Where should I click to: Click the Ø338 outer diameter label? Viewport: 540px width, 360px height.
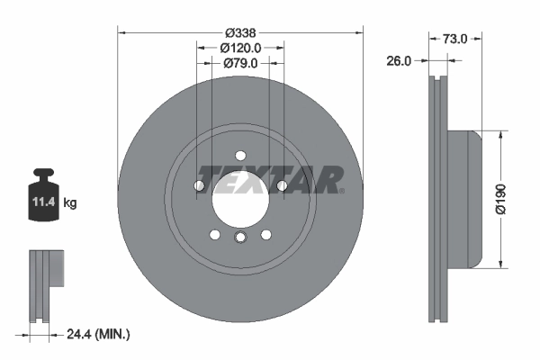[x=240, y=33]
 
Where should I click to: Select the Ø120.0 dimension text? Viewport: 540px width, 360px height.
[x=240, y=48]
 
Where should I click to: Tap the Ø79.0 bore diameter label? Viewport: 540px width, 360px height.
[x=240, y=63]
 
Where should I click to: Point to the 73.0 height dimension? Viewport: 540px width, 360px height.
[x=454, y=39]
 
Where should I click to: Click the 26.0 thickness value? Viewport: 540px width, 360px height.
[x=399, y=61]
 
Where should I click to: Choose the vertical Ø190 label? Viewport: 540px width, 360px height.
[x=501, y=199]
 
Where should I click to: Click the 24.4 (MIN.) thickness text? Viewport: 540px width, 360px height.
[x=98, y=334]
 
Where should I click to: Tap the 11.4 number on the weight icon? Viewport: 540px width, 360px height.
[x=44, y=202]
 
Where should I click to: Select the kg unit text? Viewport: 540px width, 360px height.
[x=70, y=202]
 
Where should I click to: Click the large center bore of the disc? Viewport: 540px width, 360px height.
[x=240, y=199]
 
